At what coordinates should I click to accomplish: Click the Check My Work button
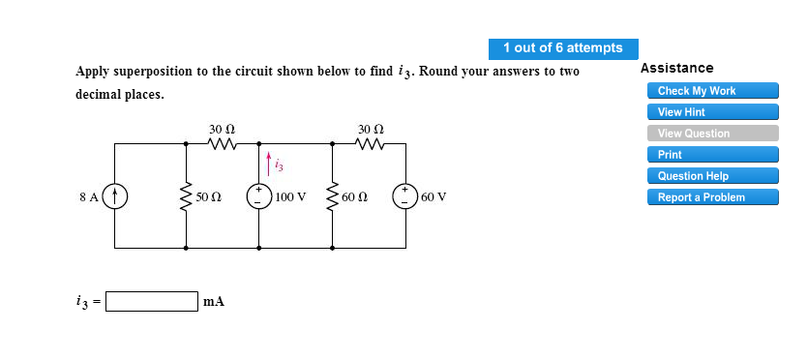pos(712,91)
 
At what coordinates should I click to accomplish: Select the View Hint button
pos(712,112)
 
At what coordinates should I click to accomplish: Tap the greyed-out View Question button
pos(712,134)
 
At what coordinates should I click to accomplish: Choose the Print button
pos(712,155)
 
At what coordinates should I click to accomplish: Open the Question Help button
pos(712,176)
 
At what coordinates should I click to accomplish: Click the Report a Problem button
pos(712,197)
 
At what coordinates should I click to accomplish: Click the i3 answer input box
pos(152,301)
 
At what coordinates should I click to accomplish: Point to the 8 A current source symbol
pos(116,196)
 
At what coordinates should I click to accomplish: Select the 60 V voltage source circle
pos(404,196)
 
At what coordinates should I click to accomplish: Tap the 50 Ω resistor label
pos(209,197)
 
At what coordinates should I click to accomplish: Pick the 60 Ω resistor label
pos(354,197)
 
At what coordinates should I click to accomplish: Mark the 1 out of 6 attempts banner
pos(563,47)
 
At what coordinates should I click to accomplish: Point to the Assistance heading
pos(677,68)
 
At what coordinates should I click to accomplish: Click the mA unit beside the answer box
pos(214,302)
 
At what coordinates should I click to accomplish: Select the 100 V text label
pos(290,197)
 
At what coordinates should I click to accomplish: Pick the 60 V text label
pos(434,197)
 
